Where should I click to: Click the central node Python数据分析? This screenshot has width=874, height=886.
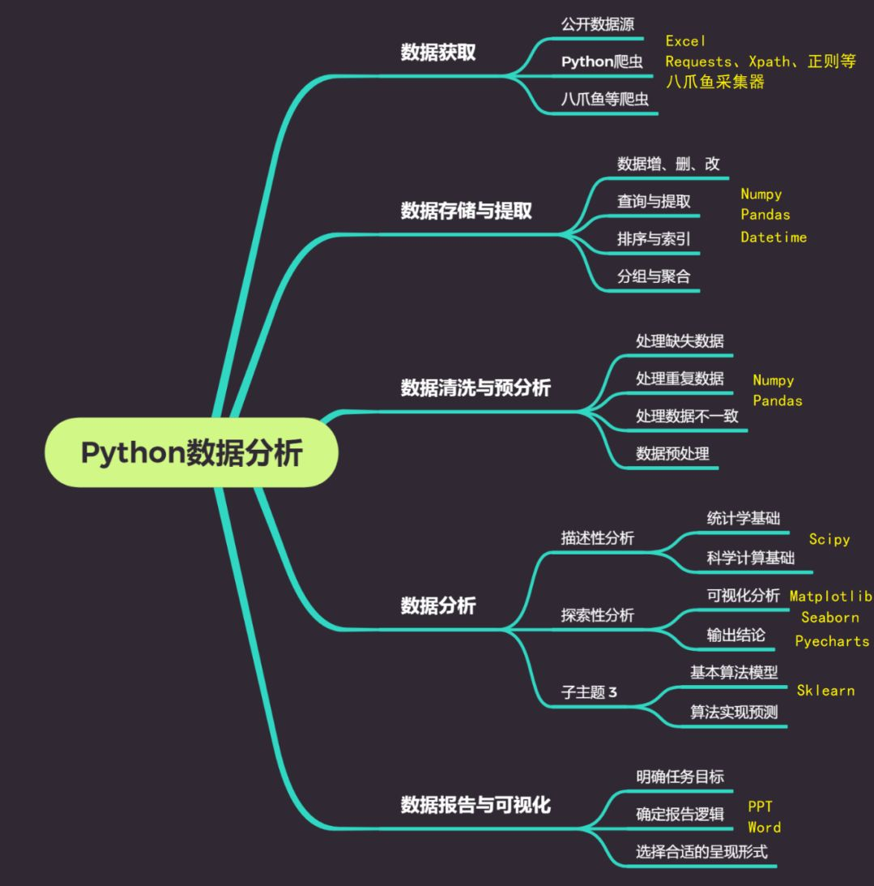191,452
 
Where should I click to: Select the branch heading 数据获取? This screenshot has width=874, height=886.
438,53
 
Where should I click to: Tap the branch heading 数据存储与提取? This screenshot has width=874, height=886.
467,211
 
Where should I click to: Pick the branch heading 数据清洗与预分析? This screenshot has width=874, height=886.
475,387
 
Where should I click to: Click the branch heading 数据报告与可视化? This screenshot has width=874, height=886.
475,805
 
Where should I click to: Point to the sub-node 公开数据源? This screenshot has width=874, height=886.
592,24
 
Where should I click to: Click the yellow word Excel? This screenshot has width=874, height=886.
685,41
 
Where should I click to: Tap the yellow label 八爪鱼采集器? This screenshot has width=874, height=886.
714,81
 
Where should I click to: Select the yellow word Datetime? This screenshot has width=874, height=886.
774,238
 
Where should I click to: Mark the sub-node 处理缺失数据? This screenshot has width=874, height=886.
680,340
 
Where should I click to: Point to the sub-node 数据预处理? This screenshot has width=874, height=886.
672,453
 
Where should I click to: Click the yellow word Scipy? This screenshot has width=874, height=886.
829,539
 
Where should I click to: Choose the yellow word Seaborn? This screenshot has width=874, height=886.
829,617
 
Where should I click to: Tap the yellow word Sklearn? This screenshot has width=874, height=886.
825,691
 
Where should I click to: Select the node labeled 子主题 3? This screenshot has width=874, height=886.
589,692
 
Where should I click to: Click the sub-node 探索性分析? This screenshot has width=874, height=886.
597,615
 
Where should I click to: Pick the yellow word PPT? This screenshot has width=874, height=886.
760,807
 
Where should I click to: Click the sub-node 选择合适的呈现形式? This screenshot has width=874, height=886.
701,851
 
